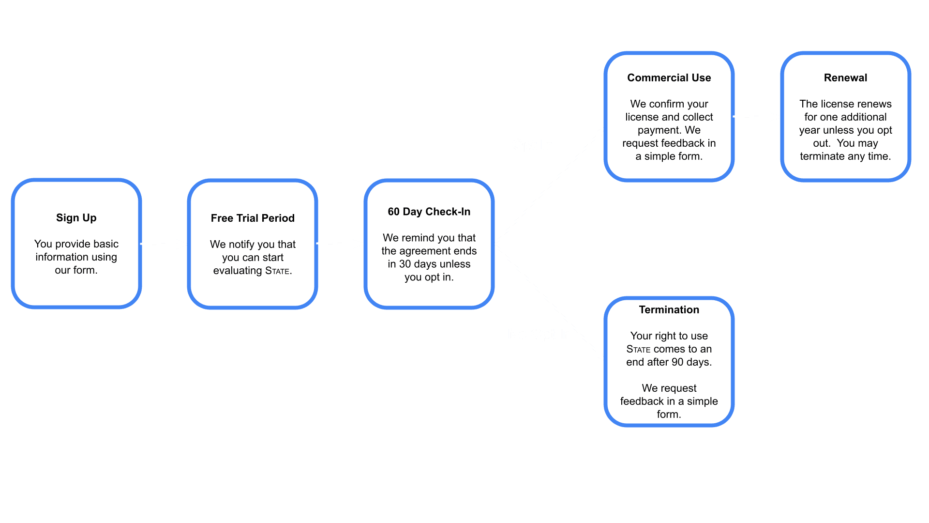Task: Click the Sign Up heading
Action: pyautogui.click(x=76, y=218)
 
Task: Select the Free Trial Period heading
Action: pyautogui.click(x=253, y=218)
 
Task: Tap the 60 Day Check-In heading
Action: pyautogui.click(x=429, y=212)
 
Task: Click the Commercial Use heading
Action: pyautogui.click(x=669, y=78)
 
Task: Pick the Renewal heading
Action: pyautogui.click(x=845, y=78)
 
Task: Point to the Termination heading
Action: pyautogui.click(x=669, y=310)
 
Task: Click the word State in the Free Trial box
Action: pyautogui.click(x=277, y=271)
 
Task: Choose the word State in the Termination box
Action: pyautogui.click(x=638, y=349)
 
